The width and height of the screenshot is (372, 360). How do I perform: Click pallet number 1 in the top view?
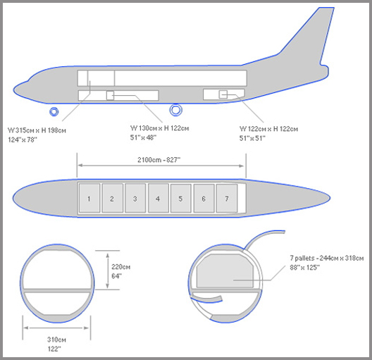(89, 198)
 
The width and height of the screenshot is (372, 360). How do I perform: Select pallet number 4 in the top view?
(159, 198)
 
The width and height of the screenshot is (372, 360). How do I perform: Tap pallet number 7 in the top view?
(227, 198)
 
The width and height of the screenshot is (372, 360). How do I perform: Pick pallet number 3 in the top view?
(135, 198)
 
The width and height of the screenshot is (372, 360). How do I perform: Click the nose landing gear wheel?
(54, 111)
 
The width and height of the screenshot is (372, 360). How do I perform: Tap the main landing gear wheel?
(176, 110)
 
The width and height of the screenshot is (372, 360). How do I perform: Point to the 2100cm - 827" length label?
(159, 160)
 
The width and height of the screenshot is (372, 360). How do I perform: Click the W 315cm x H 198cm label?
(37, 130)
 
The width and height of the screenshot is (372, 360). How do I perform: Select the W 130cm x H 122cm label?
(159, 128)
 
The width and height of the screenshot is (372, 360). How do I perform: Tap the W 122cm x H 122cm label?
(268, 129)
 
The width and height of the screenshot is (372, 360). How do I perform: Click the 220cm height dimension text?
(120, 267)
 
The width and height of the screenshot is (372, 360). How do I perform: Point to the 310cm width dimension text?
(56, 340)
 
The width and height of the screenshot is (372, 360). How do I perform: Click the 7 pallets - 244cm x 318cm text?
(327, 258)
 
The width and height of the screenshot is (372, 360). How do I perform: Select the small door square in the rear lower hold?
(223, 94)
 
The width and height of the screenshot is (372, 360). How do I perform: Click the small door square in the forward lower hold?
(110, 95)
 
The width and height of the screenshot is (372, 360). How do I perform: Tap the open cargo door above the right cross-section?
(263, 238)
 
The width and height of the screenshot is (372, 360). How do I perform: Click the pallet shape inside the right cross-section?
(225, 271)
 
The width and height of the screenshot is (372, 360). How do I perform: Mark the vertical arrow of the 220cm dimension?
(108, 271)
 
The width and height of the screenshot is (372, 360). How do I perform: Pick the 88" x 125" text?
(304, 268)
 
